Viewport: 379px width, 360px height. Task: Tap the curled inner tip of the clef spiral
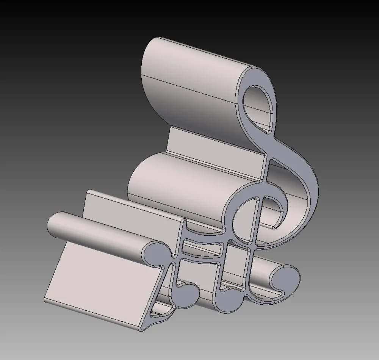(274, 228)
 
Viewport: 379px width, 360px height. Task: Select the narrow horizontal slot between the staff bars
(201, 249)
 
